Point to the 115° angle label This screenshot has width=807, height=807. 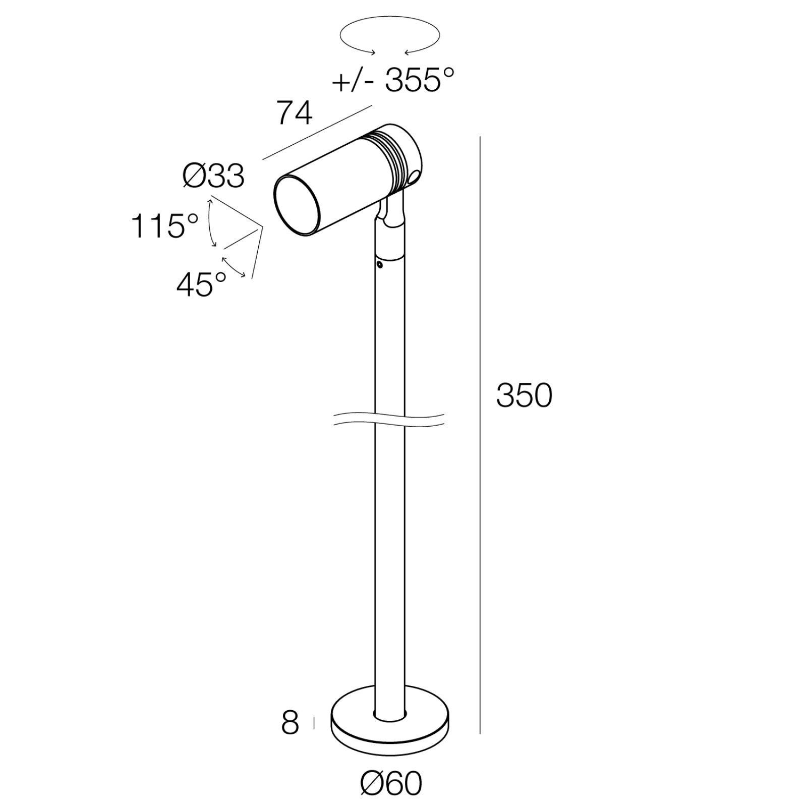[x=164, y=225]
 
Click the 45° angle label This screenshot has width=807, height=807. [x=201, y=284]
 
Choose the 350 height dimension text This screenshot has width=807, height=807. [x=524, y=395]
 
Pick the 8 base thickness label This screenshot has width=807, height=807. [x=290, y=723]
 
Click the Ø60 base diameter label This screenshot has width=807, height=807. [x=391, y=783]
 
